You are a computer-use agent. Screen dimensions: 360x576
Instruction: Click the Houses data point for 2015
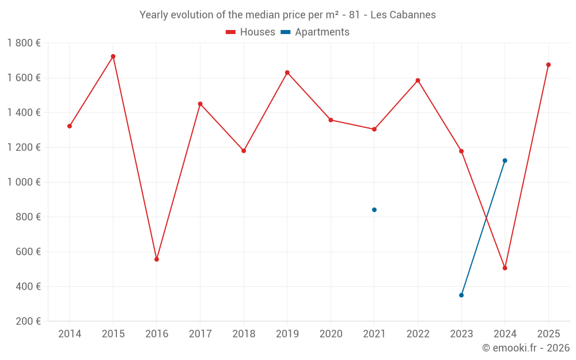tap(113, 56)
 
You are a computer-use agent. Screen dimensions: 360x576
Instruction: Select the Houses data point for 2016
tap(157, 259)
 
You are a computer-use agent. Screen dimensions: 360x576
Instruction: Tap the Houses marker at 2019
tap(287, 73)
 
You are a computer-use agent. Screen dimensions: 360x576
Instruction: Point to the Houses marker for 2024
tap(505, 268)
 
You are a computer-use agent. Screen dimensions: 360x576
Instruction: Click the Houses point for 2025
tap(548, 65)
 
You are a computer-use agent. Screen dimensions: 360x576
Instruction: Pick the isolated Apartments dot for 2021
tap(374, 210)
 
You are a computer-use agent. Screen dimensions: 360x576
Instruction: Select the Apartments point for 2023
tap(461, 295)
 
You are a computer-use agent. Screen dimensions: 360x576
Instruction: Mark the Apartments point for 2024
tap(505, 161)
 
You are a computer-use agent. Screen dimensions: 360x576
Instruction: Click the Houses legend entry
tap(251, 32)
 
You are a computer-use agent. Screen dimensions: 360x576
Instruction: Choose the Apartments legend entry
tap(315, 32)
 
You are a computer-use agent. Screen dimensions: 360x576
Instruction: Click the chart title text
tap(287, 15)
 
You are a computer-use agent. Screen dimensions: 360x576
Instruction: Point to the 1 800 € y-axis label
tap(24, 43)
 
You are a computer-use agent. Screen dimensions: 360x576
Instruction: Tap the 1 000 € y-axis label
tap(24, 182)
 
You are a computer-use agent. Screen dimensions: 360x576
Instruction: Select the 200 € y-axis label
tap(28, 321)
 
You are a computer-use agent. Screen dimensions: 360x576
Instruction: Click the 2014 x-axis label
tap(70, 334)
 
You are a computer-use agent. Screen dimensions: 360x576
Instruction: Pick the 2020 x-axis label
tap(331, 334)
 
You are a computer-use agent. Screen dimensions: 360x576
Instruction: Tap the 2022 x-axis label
tap(418, 334)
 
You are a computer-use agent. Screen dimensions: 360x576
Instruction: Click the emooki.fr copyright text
tap(525, 348)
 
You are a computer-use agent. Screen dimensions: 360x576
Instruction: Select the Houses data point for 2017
tap(200, 104)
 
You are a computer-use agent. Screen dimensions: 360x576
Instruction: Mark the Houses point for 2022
tap(418, 80)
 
